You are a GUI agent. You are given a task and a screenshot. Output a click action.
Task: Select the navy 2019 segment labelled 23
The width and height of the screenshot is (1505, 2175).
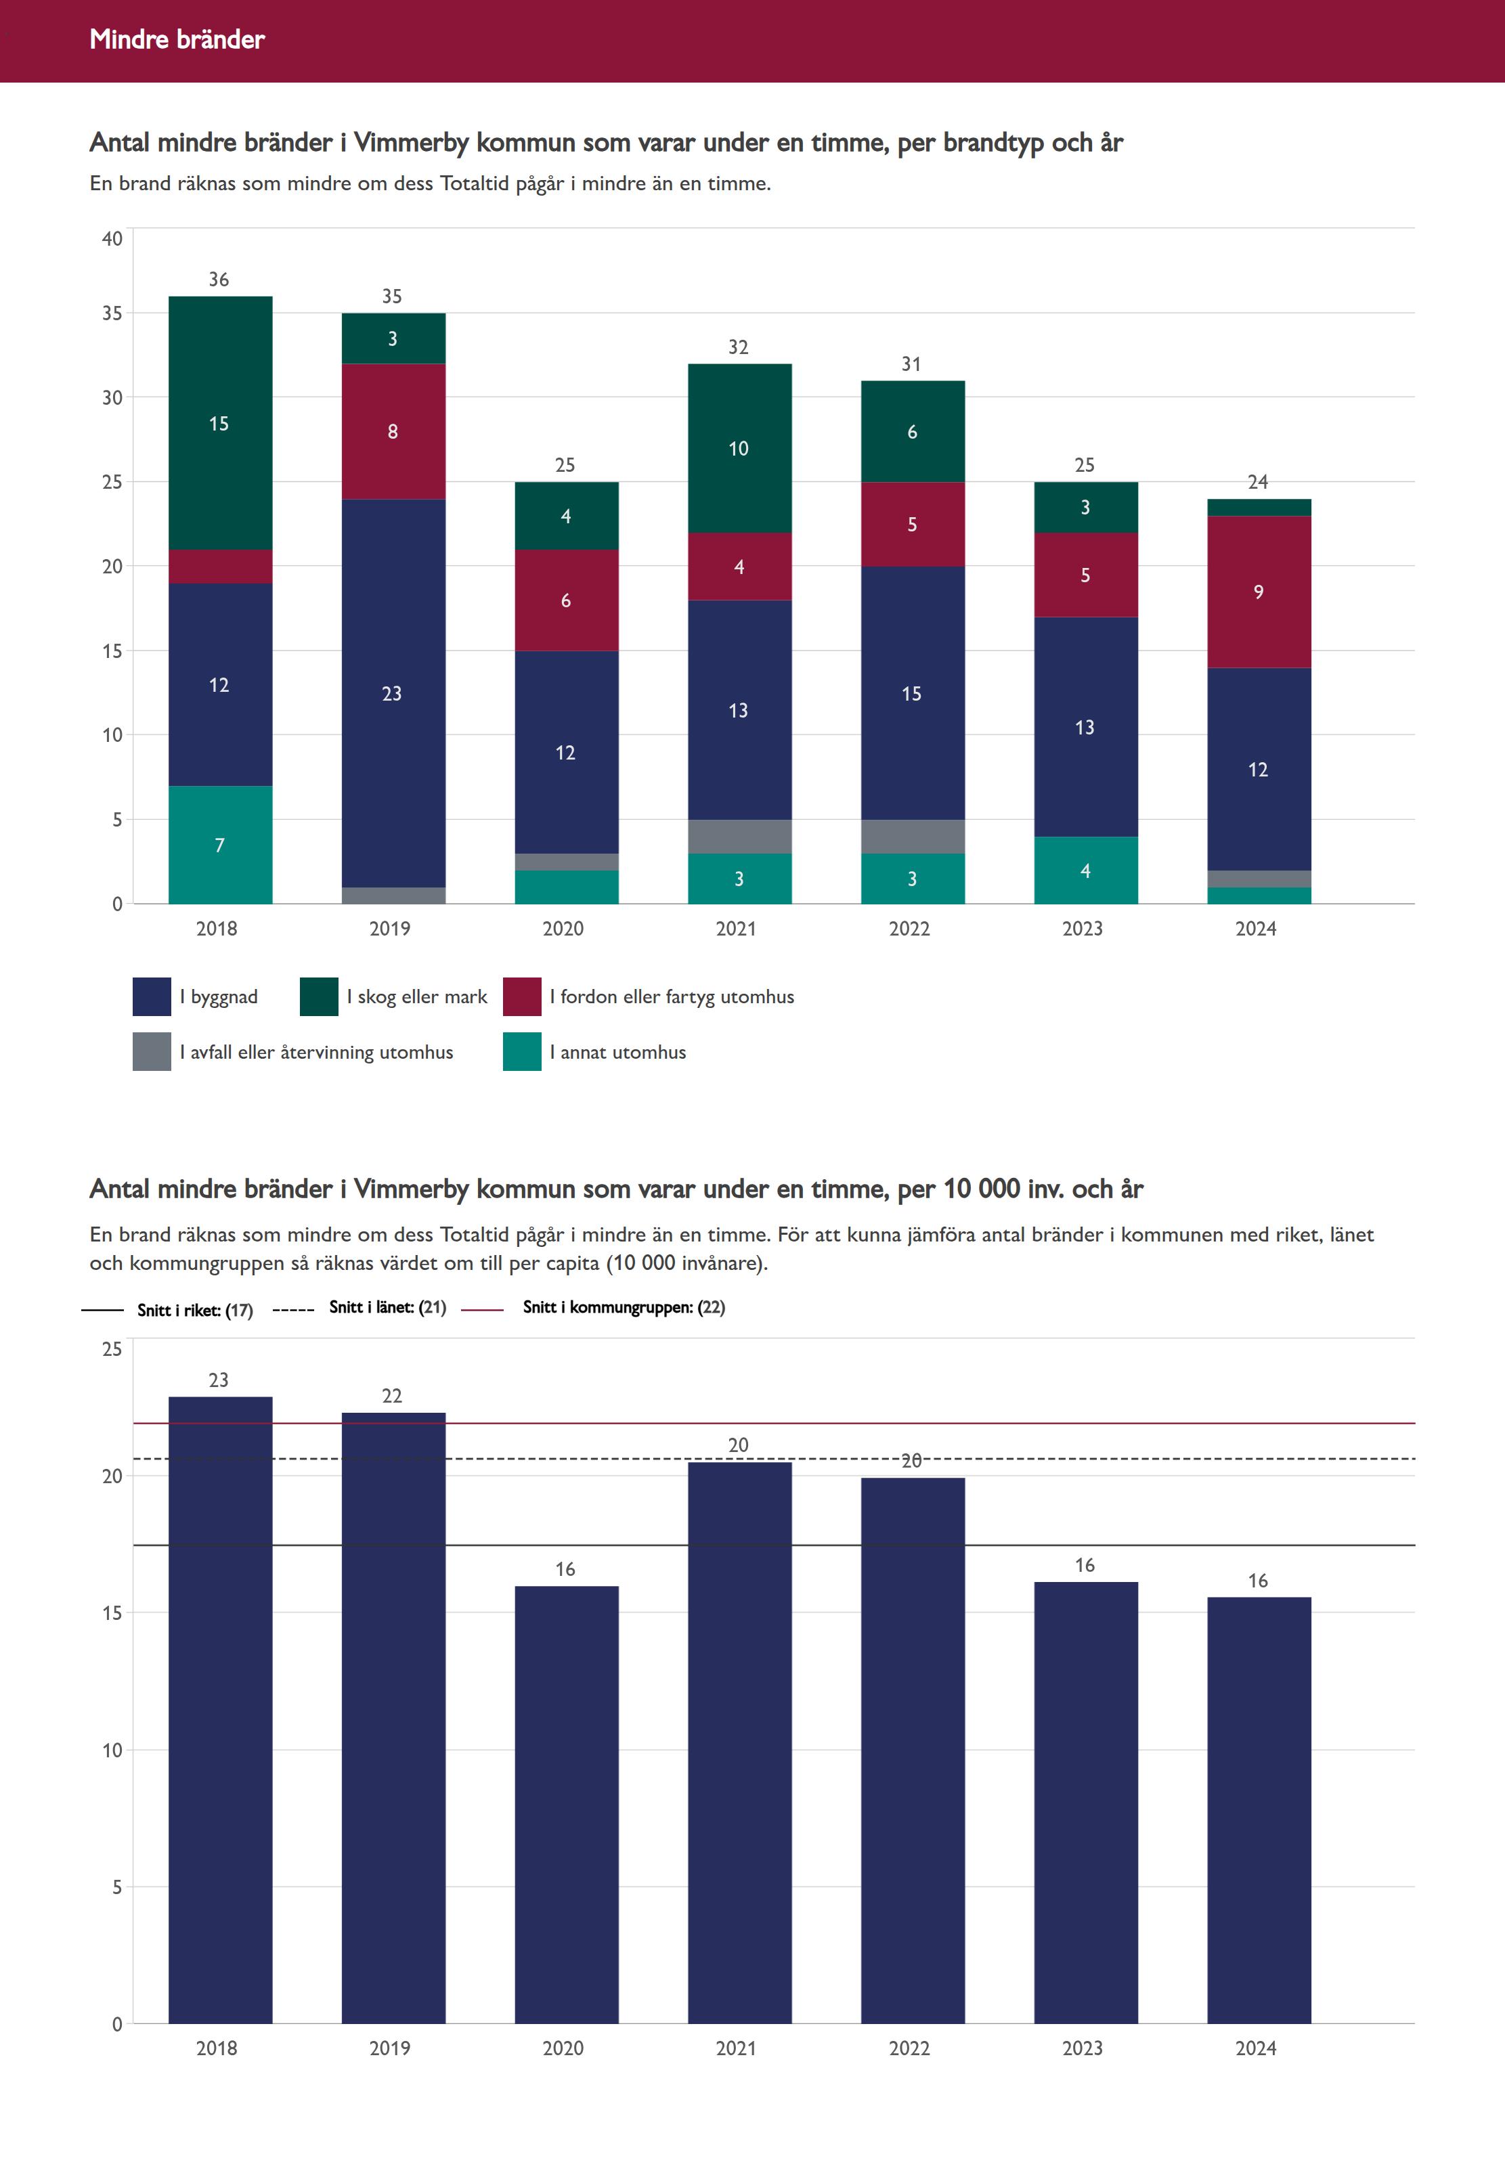[392, 693]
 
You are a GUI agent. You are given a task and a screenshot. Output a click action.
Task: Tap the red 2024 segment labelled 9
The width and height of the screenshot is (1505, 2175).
[1258, 592]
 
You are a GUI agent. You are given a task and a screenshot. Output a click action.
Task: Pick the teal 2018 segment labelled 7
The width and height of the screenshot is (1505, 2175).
[220, 845]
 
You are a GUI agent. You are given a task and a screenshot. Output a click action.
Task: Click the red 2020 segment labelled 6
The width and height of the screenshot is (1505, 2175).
[566, 600]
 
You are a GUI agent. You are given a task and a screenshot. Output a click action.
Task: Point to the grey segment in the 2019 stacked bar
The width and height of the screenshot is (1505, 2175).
[392, 896]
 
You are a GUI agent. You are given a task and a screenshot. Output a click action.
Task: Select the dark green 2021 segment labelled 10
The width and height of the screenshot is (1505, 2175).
[739, 449]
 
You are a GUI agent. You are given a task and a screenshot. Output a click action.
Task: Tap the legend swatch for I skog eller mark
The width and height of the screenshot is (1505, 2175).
[319, 996]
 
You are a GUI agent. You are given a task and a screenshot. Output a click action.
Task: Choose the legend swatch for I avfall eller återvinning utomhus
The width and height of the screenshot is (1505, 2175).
[152, 1052]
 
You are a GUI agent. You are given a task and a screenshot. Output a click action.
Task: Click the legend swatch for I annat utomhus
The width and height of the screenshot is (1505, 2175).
[521, 1052]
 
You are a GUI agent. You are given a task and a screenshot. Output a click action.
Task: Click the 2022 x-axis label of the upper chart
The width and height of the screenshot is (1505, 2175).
[909, 929]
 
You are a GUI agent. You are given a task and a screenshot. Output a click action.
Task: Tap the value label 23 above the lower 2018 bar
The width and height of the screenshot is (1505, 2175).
[219, 1380]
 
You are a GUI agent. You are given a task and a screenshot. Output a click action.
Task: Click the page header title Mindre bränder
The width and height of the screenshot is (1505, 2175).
[177, 39]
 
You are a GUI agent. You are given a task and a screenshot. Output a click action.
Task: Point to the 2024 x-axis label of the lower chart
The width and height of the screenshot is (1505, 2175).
[1255, 2048]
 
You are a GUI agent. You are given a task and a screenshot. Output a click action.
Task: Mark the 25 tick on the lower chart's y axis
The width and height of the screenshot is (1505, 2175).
[112, 1349]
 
